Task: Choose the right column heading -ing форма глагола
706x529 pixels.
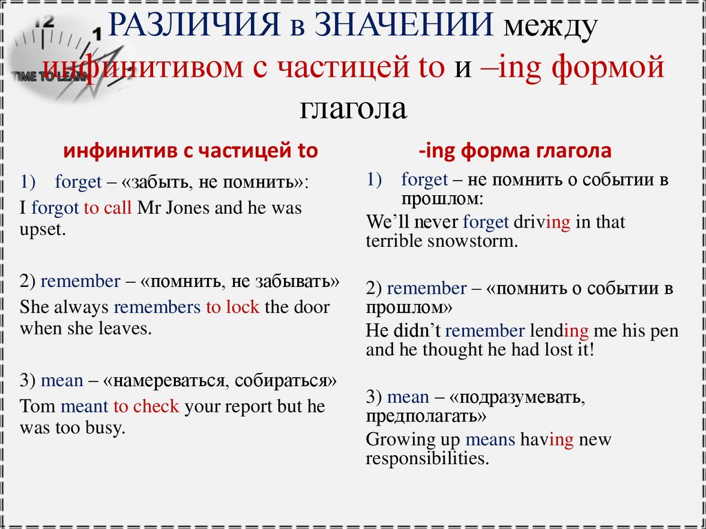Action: [x=515, y=150]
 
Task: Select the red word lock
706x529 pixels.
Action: [x=242, y=307]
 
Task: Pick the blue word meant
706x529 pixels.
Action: [x=85, y=406]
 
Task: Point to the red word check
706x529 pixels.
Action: [x=156, y=406]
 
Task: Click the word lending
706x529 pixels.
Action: [x=559, y=330]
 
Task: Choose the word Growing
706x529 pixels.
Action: [x=401, y=439]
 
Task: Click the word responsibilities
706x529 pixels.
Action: [x=427, y=459]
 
